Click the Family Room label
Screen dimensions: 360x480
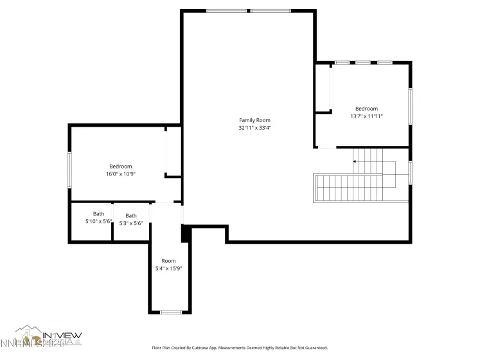pos(254,120)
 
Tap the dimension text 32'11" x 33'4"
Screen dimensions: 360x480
pos(254,128)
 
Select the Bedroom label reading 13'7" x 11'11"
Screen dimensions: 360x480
pos(366,109)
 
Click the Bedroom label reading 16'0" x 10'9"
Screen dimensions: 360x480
pos(120,166)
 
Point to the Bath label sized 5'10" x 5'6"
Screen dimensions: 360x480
pos(98,214)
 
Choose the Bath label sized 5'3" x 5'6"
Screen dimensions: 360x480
pos(131,216)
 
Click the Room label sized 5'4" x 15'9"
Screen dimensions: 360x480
pos(168,260)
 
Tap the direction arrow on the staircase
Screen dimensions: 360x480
pos(355,161)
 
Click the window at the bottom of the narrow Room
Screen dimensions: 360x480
pos(170,312)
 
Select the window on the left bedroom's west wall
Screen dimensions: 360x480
pos(70,169)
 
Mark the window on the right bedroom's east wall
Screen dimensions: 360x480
pos(410,106)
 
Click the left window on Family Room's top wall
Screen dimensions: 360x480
pos(227,11)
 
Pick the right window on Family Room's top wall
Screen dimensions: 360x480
pos(271,11)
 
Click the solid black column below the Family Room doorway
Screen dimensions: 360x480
pos(186,233)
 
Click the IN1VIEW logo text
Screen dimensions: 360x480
pos(62,335)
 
